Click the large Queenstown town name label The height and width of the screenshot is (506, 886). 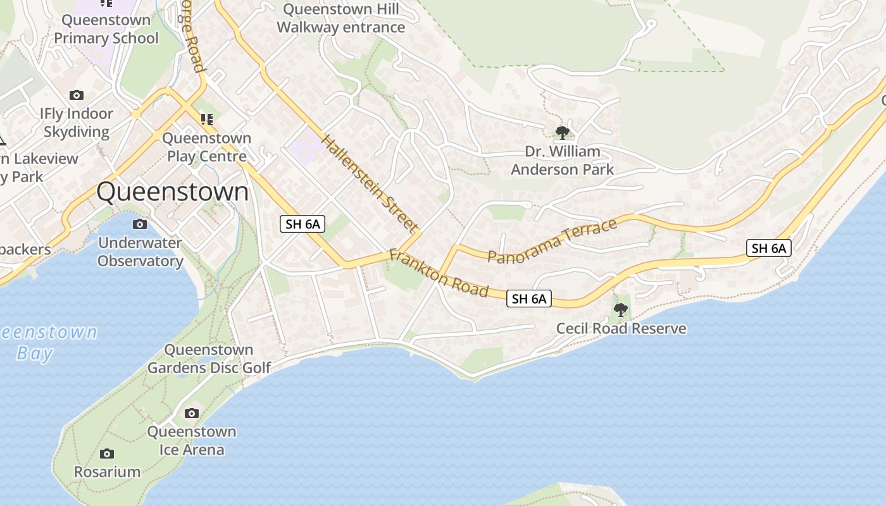click(x=173, y=192)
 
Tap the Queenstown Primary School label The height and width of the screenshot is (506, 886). click(x=106, y=29)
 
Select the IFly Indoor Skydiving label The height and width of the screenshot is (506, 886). click(x=77, y=123)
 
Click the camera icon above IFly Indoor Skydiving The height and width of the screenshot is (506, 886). click(x=77, y=96)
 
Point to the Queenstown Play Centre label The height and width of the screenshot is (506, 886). click(x=206, y=147)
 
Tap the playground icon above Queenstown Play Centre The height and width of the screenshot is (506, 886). click(x=206, y=119)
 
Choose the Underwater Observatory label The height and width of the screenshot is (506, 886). click(x=140, y=252)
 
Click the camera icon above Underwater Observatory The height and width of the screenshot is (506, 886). click(x=140, y=225)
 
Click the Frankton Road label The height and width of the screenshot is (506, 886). click(x=439, y=273)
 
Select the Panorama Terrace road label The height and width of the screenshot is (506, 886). click(x=552, y=241)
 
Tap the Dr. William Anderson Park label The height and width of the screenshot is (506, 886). click(x=562, y=161)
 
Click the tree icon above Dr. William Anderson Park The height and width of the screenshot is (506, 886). click(x=562, y=133)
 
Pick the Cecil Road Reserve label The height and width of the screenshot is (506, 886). click(x=621, y=329)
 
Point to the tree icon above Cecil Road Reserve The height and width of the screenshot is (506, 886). click(x=621, y=310)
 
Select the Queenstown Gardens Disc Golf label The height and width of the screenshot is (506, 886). click(x=209, y=359)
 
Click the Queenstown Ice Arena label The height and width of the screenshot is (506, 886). click(x=192, y=441)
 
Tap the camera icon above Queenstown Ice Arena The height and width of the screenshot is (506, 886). click(x=191, y=414)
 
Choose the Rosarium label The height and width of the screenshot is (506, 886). click(x=107, y=472)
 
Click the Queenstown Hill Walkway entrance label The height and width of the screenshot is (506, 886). click(x=341, y=18)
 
